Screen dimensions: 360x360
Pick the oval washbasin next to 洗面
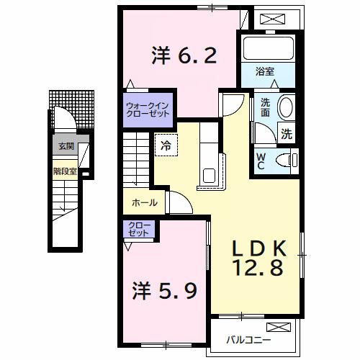coord(285,107)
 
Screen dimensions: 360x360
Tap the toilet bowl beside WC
coord(292,160)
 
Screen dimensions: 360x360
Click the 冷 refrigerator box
coord(166,144)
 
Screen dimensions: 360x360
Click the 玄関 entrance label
coord(66,147)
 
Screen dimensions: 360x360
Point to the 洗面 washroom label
coord(266,107)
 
